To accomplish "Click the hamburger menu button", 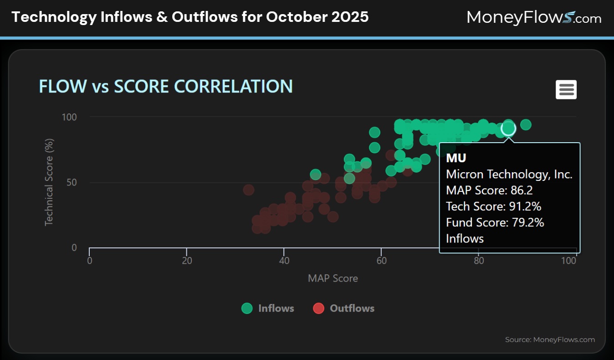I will [566, 89].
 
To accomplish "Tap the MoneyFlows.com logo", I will [534, 18].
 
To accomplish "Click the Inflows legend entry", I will [268, 309].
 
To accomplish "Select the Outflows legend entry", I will [344, 309].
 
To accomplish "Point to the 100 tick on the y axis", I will [69, 117].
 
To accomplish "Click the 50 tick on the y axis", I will [72, 183].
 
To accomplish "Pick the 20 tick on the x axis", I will [187, 261].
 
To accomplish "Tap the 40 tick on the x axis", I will [284, 261].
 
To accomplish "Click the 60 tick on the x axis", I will [381, 261].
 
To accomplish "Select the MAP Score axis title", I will [333, 278].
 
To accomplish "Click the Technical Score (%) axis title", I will [49, 183].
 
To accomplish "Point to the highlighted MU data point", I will [508, 129].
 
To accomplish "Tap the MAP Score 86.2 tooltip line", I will [489, 190].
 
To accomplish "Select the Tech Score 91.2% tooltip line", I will [493, 206].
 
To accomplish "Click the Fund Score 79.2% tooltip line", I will [495, 222].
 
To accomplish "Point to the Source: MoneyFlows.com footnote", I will [550, 339].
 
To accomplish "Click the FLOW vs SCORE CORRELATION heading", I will [166, 87].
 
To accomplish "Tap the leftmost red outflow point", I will [248, 190].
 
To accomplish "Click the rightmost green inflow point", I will [526, 125].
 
